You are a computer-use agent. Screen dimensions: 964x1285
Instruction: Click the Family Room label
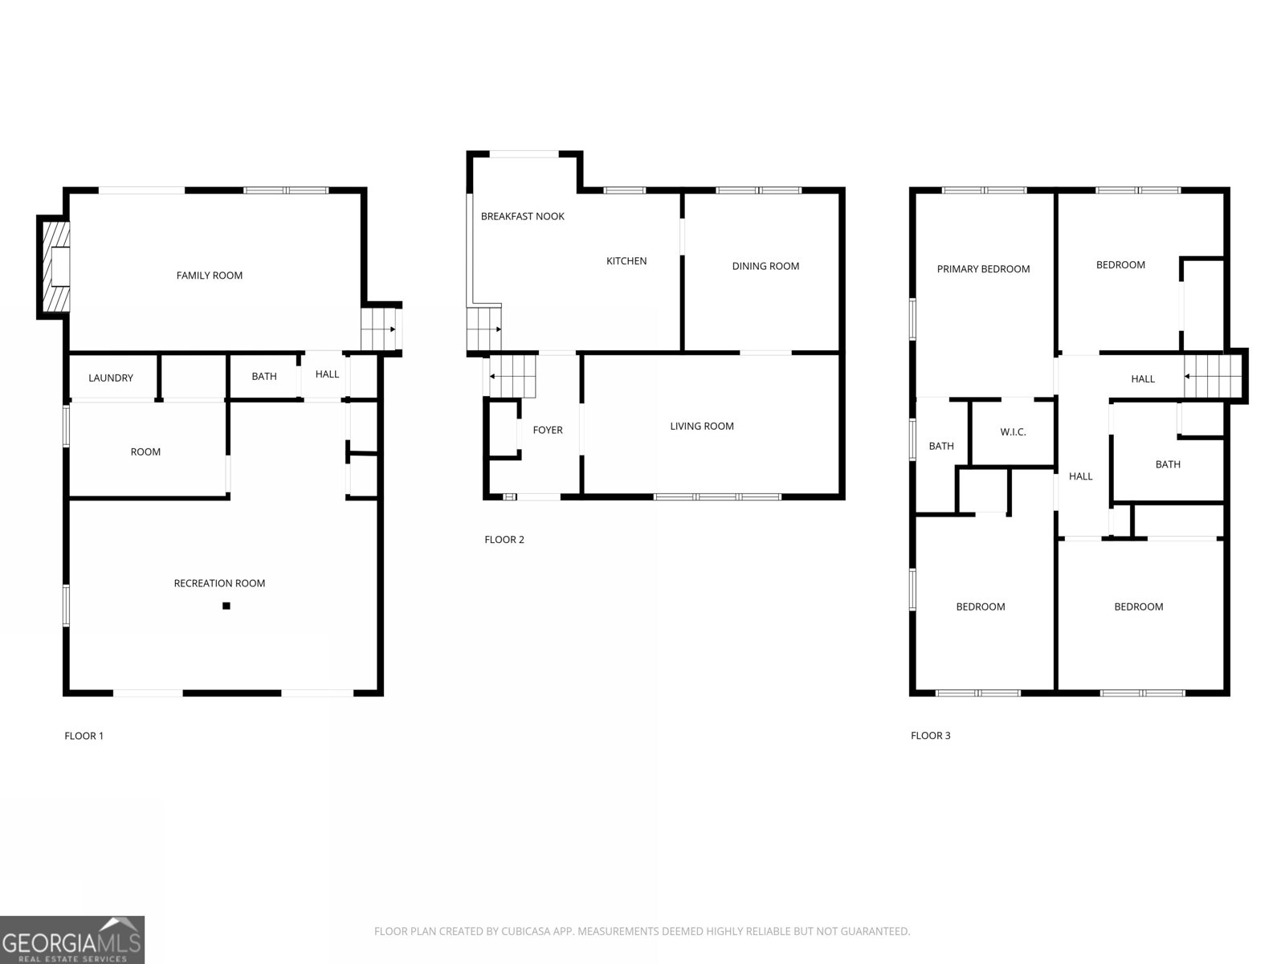[210, 276]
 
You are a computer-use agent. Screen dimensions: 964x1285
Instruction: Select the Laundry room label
[111, 378]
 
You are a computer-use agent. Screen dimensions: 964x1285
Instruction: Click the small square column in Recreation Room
[226, 607]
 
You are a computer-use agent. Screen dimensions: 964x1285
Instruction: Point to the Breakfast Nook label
[523, 216]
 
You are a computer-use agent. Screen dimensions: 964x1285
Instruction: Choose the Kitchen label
[626, 261]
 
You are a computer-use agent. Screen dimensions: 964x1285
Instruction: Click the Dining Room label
[765, 266]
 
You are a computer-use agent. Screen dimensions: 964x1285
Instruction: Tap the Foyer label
[548, 430]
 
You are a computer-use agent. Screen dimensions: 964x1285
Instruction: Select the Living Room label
[702, 426]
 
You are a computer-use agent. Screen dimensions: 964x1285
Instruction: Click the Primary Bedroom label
[983, 269]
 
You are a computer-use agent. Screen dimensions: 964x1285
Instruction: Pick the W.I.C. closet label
[1013, 432]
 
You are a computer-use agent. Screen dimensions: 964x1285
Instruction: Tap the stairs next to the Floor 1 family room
[378, 329]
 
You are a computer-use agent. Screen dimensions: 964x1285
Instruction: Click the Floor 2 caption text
[504, 540]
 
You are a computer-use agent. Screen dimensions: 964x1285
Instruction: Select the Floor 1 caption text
[84, 736]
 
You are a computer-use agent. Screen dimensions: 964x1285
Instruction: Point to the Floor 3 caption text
[931, 736]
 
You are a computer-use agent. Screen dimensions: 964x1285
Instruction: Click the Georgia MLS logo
[72, 940]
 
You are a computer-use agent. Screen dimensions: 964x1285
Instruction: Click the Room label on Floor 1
[145, 451]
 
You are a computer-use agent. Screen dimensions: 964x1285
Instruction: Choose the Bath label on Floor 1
[264, 376]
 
